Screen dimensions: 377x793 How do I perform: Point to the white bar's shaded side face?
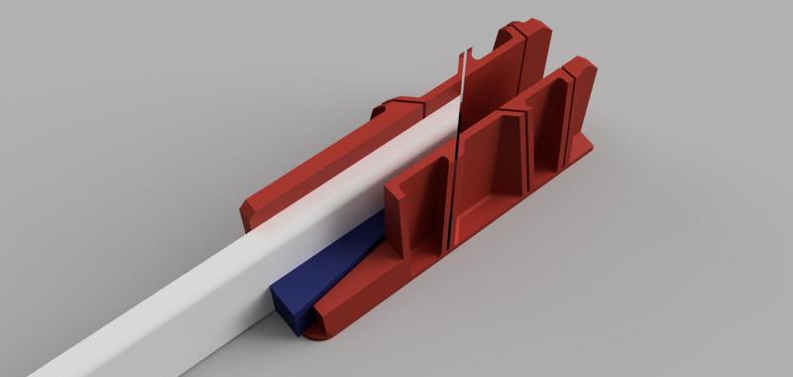point(149,327)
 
